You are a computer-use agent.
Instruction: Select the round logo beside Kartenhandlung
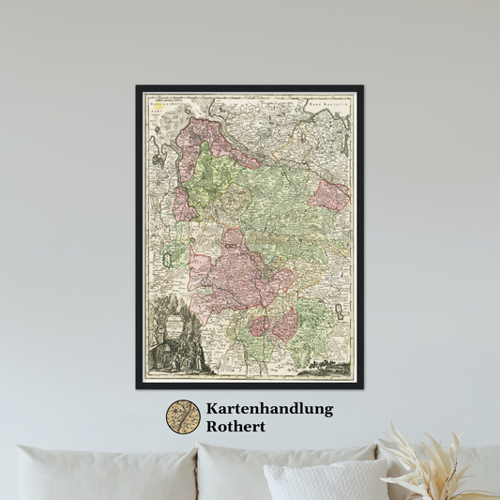click(x=184, y=417)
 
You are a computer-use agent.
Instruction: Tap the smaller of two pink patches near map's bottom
click(x=261, y=327)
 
